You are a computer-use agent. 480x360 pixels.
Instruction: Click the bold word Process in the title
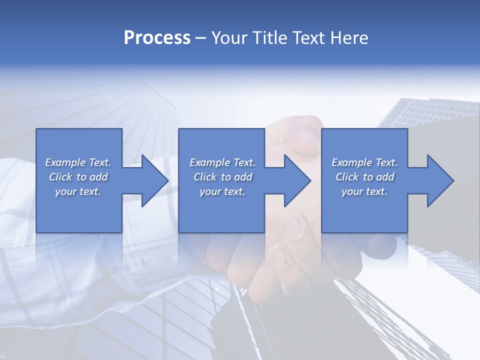(x=157, y=38)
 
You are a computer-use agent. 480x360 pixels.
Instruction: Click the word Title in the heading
(x=268, y=38)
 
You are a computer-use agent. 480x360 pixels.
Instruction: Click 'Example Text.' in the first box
(x=78, y=162)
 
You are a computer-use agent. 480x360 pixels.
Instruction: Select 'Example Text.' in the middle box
(x=222, y=162)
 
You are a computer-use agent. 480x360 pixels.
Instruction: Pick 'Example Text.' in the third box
(x=364, y=162)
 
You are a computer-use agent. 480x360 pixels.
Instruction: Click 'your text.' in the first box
(x=78, y=191)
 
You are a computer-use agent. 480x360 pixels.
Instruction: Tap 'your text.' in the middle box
(x=222, y=191)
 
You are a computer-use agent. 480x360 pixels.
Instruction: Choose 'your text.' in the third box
(x=364, y=191)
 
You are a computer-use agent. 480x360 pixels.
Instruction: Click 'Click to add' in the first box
(x=78, y=177)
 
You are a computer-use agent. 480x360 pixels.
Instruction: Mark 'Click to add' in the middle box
(x=222, y=177)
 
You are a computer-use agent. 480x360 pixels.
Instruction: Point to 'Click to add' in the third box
(x=364, y=177)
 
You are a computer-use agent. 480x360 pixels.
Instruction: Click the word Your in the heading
(x=228, y=38)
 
